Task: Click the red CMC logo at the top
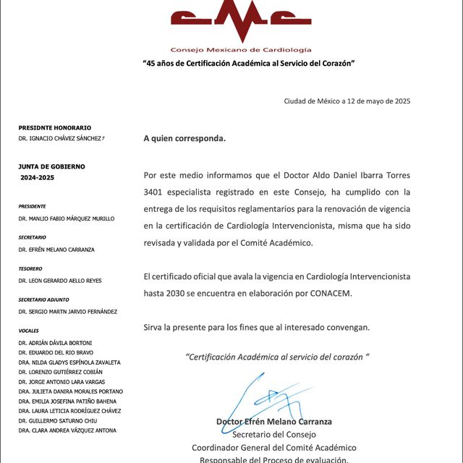(x=241, y=21)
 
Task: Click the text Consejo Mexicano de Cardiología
(x=241, y=49)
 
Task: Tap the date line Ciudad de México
(x=347, y=101)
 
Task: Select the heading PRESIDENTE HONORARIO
(x=55, y=127)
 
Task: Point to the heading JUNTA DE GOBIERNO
(x=51, y=166)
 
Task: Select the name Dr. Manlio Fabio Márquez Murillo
(x=67, y=218)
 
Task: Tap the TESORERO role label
(x=30, y=268)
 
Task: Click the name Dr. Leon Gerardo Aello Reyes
(x=61, y=281)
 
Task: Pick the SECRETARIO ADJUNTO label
(x=46, y=300)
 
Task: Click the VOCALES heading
(x=29, y=331)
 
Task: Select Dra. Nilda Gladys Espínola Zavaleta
(x=69, y=362)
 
